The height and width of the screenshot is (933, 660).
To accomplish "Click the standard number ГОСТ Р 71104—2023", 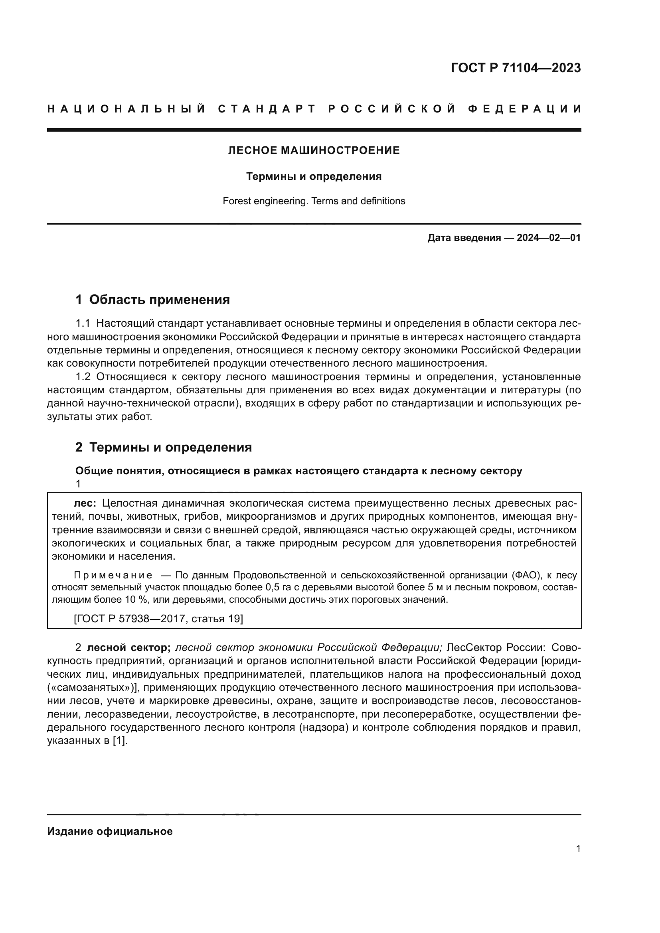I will point(515,68).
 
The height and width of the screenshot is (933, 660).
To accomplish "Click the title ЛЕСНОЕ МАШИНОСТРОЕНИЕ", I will point(314,150).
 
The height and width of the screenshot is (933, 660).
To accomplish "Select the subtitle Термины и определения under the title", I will point(314,176).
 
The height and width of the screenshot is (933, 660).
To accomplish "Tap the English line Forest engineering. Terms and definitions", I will point(314,201).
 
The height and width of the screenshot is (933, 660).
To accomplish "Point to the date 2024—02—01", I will point(549,238).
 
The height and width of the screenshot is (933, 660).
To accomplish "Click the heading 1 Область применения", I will point(152,300).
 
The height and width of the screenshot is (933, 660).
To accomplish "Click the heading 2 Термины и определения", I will point(163,447).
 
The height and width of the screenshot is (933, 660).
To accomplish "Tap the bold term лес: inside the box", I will point(85,503).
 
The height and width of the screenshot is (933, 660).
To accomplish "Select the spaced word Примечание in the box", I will point(113,576).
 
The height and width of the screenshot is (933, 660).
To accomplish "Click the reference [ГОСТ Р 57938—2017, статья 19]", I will point(158,619).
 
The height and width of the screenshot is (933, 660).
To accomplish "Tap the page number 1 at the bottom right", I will point(578,848).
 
